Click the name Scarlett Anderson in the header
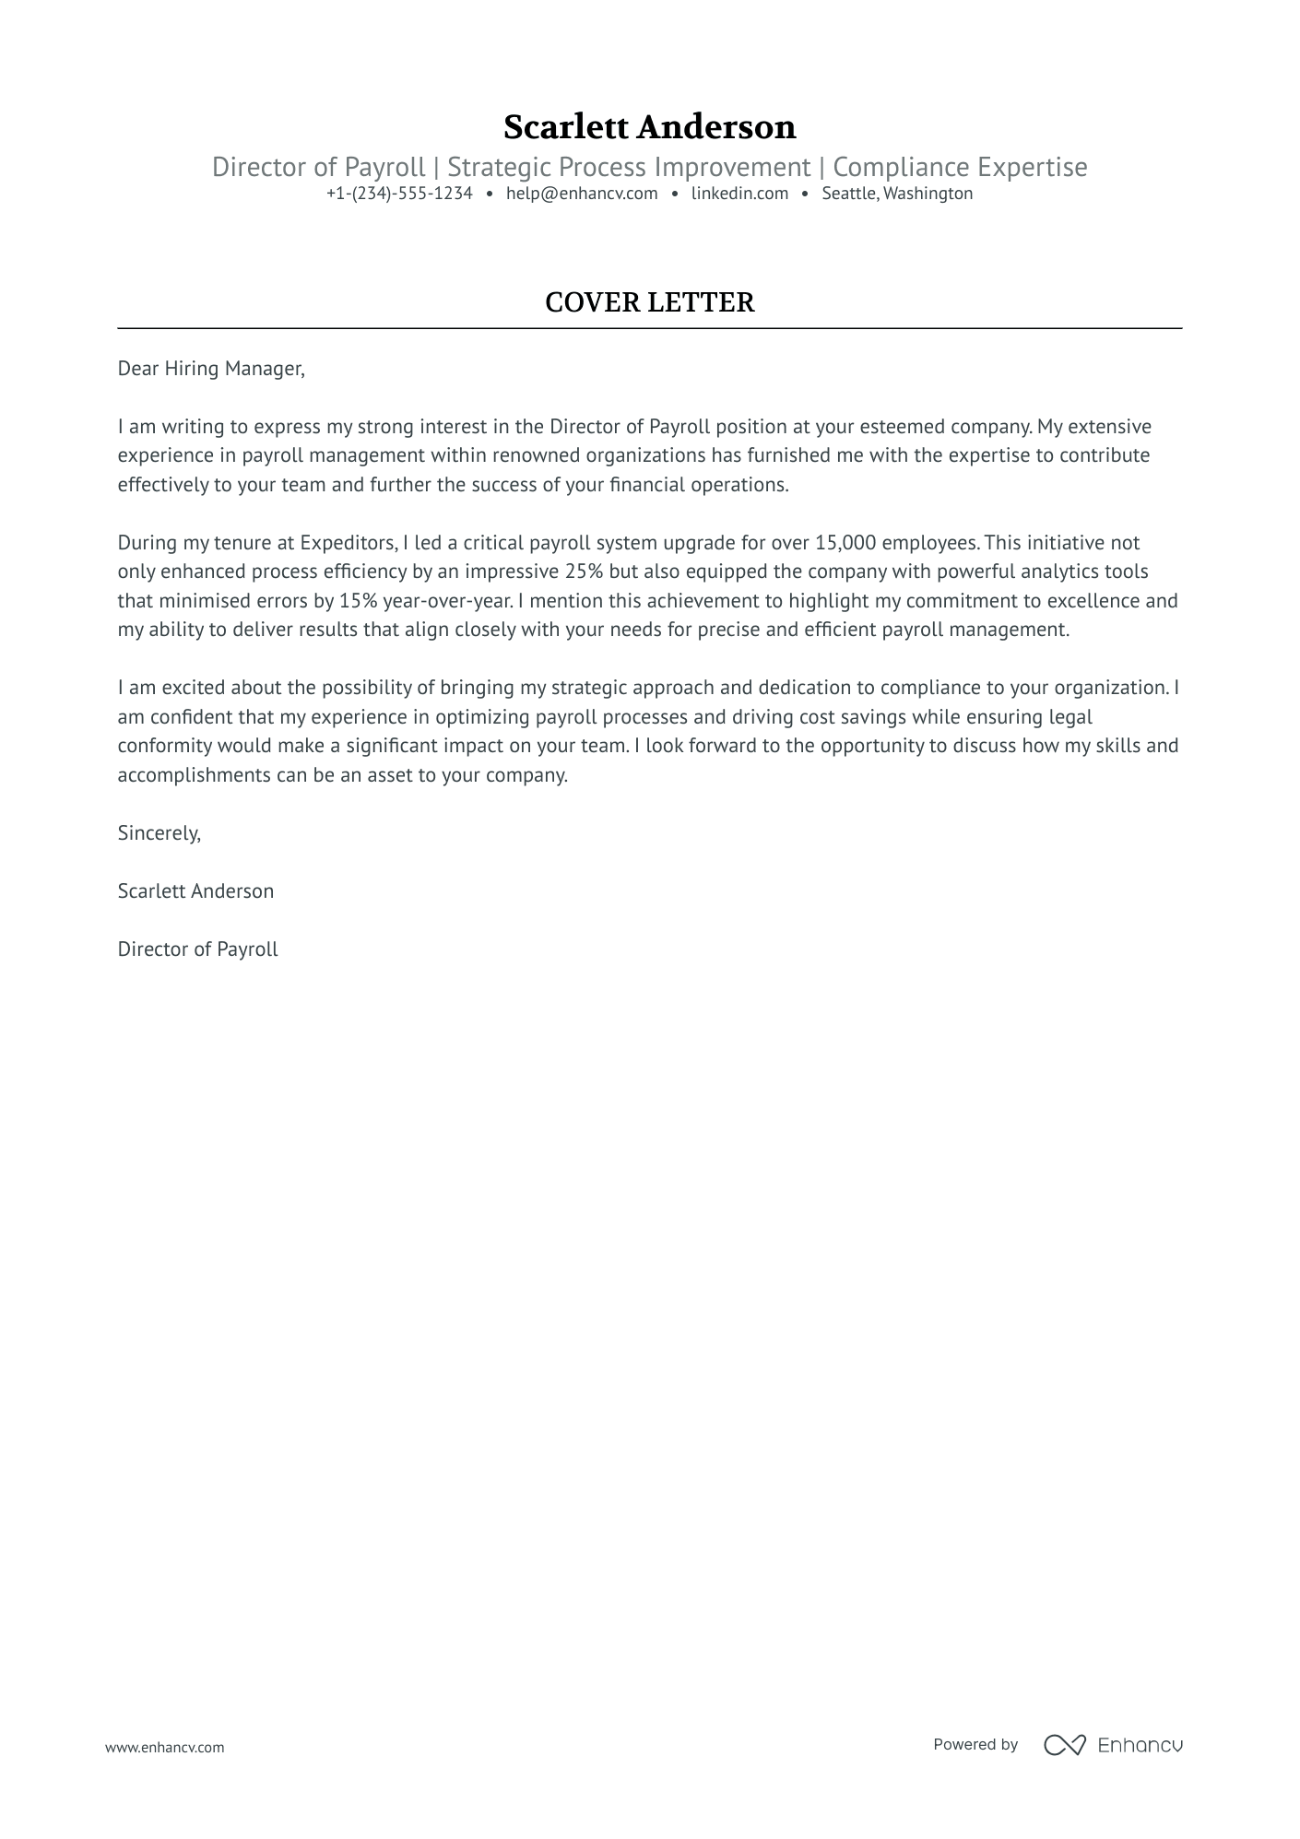click(x=649, y=127)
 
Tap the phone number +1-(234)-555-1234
click(x=399, y=194)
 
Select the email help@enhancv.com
click(x=582, y=194)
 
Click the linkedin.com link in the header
click(x=739, y=194)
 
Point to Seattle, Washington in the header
click(x=897, y=194)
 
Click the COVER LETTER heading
click(x=649, y=302)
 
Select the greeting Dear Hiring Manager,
click(x=211, y=369)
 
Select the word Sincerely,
click(x=160, y=833)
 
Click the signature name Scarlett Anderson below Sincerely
click(x=195, y=891)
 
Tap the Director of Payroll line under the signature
click(x=197, y=949)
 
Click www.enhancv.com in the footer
click(x=165, y=1747)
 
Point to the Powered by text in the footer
click(x=975, y=1744)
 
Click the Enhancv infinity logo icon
click(x=1064, y=1745)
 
